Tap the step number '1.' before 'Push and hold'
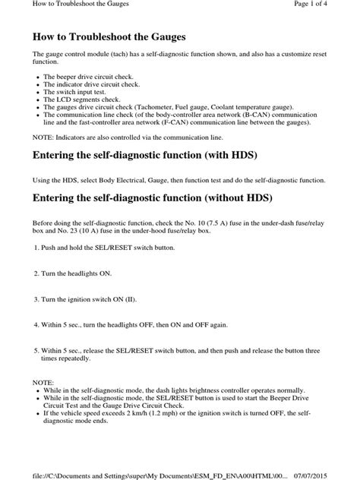tap(36, 248)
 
